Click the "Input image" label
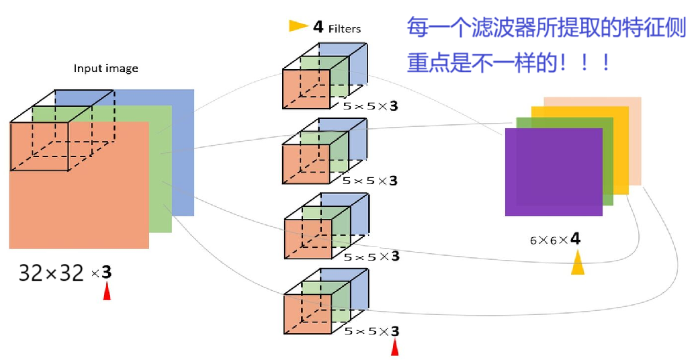105,69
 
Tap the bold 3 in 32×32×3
106,273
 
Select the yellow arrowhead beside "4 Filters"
298,26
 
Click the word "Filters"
345,29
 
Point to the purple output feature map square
553,172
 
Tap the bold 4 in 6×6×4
575,239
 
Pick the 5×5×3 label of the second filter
370,181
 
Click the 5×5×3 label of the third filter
371,256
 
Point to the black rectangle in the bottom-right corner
625,342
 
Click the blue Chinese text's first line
546,28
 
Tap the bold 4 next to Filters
318,27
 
